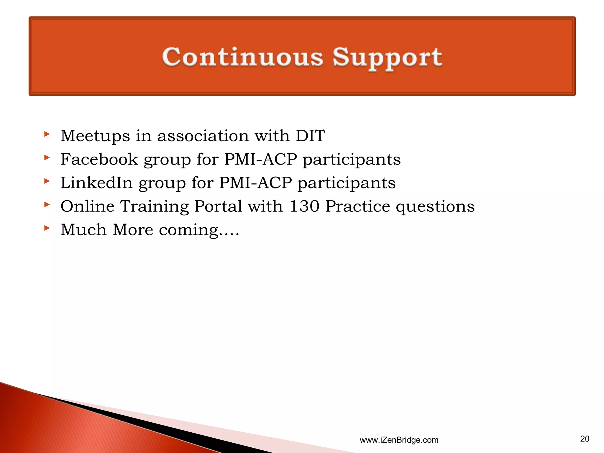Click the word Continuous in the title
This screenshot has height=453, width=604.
pyautogui.click(x=242, y=57)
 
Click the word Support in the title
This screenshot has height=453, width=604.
pyautogui.click(x=387, y=58)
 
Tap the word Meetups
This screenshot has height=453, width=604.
pyautogui.click(x=95, y=136)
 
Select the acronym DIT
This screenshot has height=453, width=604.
pyautogui.click(x=310, y=136)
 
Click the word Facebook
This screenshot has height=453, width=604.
pyautogui.click(x=99, y=160)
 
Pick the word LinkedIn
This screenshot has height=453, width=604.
pyautogui.click(x=96, y=183)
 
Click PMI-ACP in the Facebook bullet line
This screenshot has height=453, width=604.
pyautogui.click(x=260, y=160)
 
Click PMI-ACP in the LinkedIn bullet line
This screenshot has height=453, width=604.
pyautogui.click(x=255, y=183)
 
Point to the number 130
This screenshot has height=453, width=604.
pyautogui.click(x=304, y=206)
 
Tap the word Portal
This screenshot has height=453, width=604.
pyautogui.click(x=218, y=206)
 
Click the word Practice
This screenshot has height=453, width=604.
pyautogui.click(x=357, y=206)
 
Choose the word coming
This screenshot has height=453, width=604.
pyautogui.click(x=189, y=230)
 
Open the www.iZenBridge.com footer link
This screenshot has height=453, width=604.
pyautogui.click(x=399, y=440)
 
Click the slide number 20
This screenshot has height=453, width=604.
pyautogui.click(x=585, y=439)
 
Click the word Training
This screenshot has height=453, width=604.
pyautogui.click(x=154, y=207)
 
